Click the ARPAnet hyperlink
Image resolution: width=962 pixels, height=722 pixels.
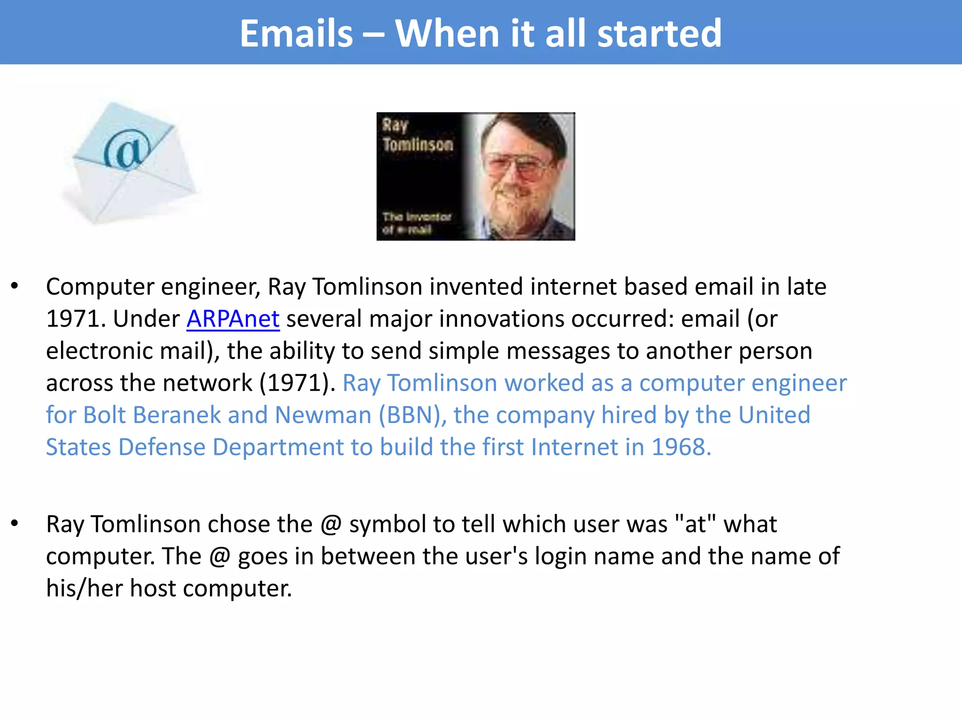[x=233, y=319]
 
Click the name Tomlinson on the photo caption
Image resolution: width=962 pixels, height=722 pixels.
[x=418, y=144]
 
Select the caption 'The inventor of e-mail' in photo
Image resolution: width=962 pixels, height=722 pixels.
[x=416, y=223]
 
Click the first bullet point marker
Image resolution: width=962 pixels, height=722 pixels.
[x=15, y=286]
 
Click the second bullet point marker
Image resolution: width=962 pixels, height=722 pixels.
[x=15, y=523]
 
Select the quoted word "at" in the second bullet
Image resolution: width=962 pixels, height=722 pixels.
[x=695, y=524]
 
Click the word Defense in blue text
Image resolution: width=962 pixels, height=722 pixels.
[x=162, y=447]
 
